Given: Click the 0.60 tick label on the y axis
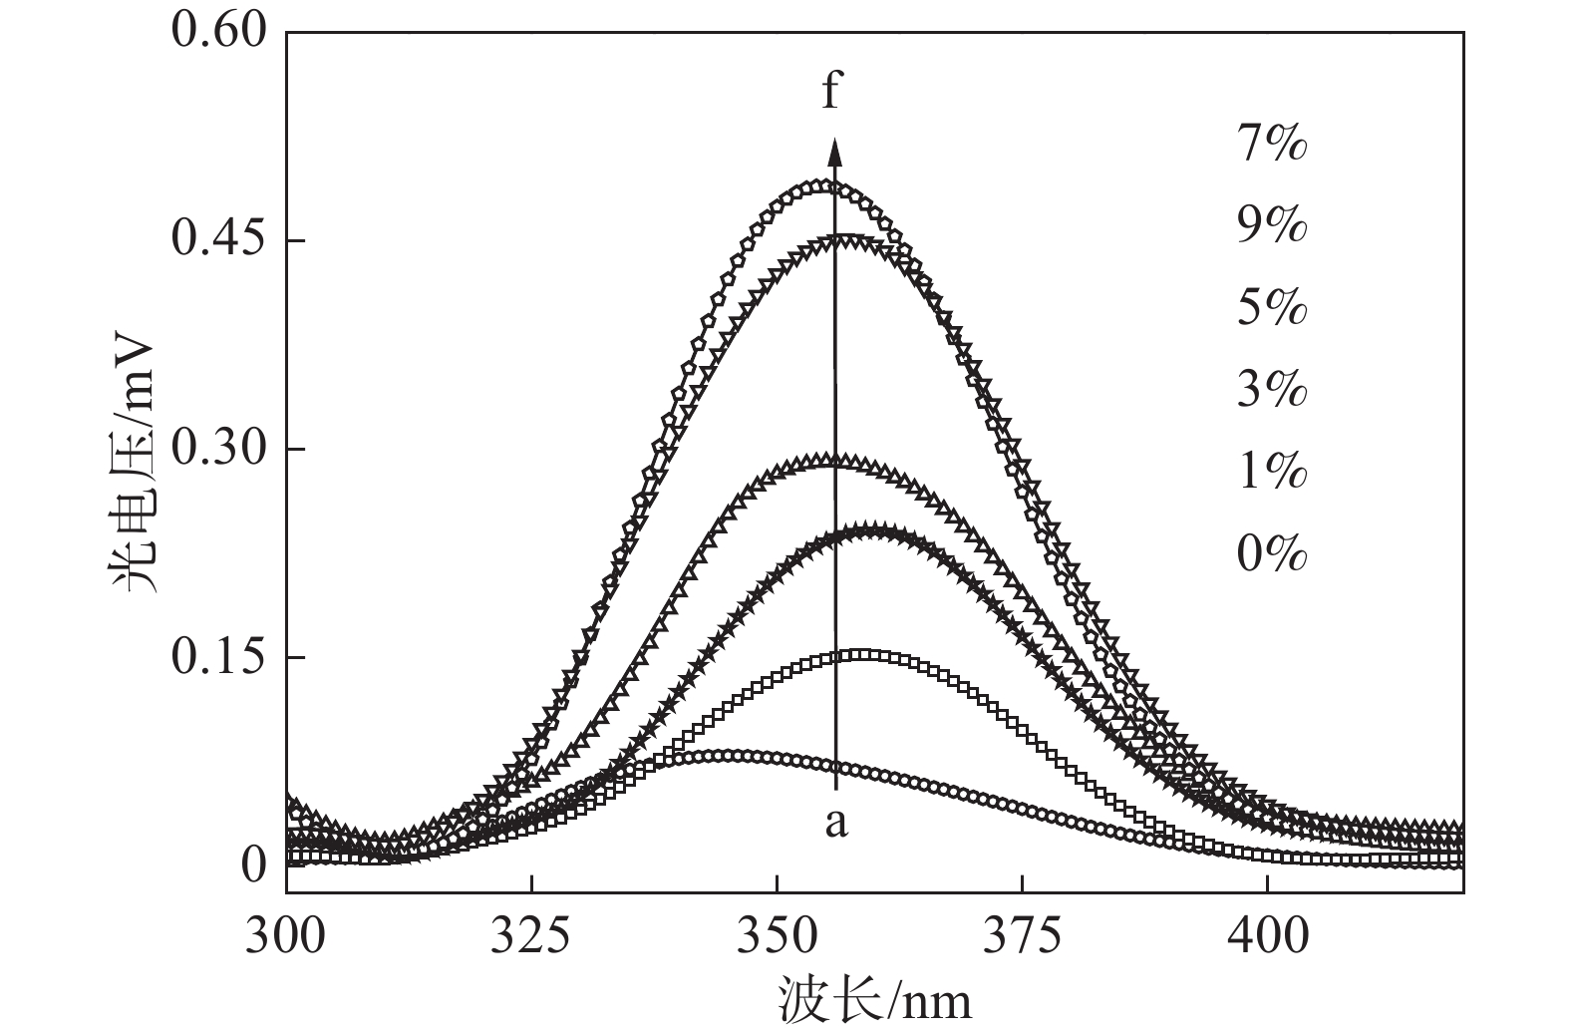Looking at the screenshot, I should click(219, 32).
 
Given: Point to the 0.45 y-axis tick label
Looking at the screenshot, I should click(219, 240).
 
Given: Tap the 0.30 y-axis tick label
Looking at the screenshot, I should click(219, 449).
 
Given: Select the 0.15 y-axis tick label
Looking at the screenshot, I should click(219, 657).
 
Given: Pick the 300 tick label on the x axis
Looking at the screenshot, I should click(286, 936).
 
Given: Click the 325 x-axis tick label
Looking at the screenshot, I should click(531, 936).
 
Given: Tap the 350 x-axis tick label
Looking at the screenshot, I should click(777, 936).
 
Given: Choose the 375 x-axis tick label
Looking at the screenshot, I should click(1022, 936).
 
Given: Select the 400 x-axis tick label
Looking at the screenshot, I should click(1266, 936).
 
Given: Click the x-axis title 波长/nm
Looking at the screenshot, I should click(874, 998).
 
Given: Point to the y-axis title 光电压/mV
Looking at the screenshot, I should click(132, 464).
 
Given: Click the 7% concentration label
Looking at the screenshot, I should click(1271, 146).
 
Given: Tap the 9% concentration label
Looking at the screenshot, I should click(1271, 226).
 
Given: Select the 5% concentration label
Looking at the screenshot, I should click(1271, 308).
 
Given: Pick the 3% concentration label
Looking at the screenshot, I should click(1271, 390).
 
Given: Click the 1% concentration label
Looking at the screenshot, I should click(1271, 471).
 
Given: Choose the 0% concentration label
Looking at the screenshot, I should click(1271, 552).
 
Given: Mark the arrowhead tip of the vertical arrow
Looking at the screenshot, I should click(835, 138).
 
